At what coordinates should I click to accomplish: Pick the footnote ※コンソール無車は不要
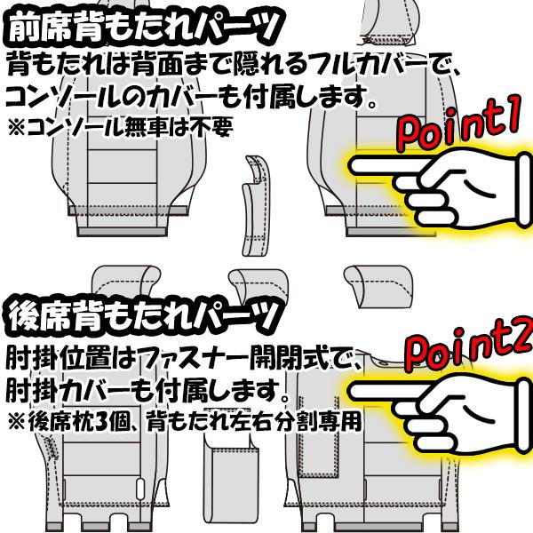121,127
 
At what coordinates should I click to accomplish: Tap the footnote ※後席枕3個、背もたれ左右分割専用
184,421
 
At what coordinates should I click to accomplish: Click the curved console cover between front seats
256,206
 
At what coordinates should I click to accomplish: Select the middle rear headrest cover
259,285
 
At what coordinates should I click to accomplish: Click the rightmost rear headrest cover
378,284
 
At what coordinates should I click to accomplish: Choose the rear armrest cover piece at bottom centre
231,482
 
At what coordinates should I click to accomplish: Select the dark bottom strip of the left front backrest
123,232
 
